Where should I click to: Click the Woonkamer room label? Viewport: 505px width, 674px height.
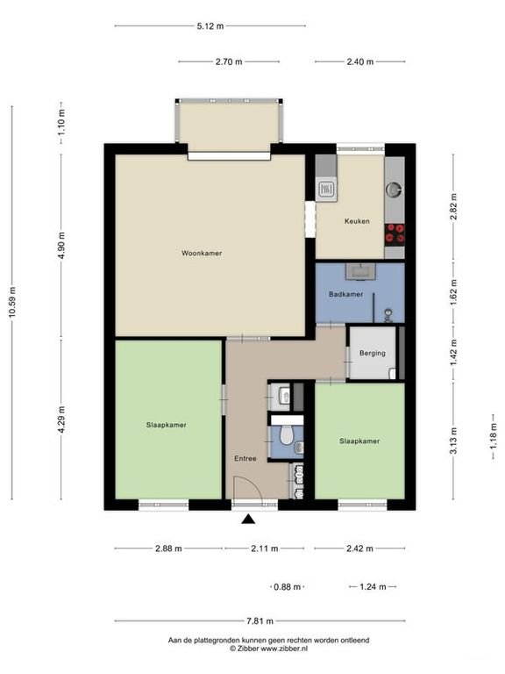(202, 253)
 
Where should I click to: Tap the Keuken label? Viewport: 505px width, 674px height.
(357, 221)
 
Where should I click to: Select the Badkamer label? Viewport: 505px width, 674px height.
(345, 294)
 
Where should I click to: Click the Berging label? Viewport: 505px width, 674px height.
(373, 353)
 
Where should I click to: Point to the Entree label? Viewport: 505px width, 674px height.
(245, 458)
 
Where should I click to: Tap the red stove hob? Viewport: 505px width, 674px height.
(395, 234)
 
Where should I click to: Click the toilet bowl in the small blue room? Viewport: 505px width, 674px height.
(286, 435)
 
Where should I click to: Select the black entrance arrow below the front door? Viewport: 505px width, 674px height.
(248, 520)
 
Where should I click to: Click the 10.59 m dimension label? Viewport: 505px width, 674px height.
(12, 302)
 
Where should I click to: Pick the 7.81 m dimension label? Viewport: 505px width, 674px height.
(260, 620)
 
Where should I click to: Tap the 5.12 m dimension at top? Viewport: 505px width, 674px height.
(210, 25)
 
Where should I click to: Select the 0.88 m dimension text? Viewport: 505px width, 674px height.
(287, 586)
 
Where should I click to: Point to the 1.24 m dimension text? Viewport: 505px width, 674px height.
(373, 586)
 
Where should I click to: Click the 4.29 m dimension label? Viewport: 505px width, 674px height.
(61, 419)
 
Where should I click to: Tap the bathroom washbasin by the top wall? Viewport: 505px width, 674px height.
(360, 271)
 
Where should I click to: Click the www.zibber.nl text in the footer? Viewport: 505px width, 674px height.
(284, 649)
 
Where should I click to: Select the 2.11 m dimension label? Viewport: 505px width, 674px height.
(265, 548)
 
